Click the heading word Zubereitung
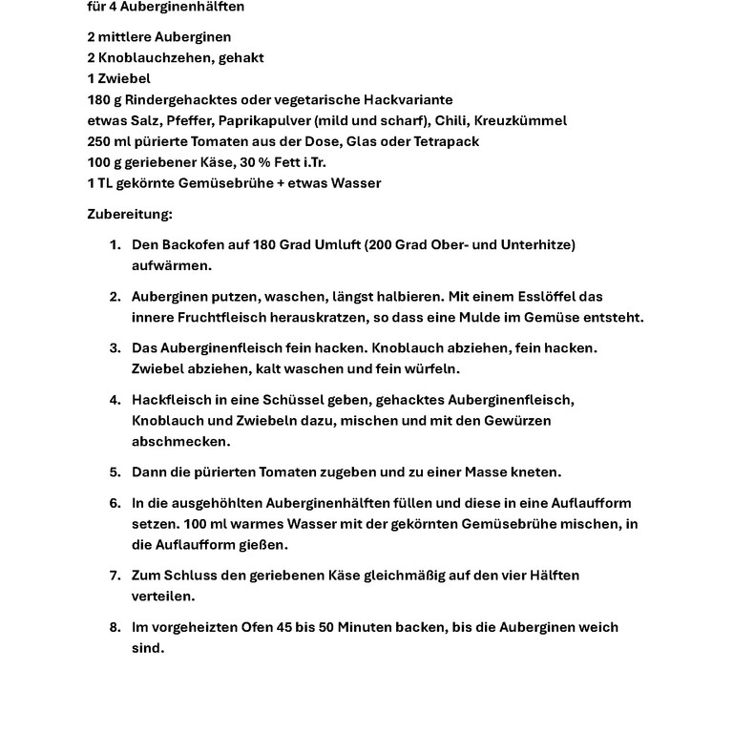click(130, 214)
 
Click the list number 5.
click(114, 471)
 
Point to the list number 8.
click(114, 627)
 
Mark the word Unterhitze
click(538, 245)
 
